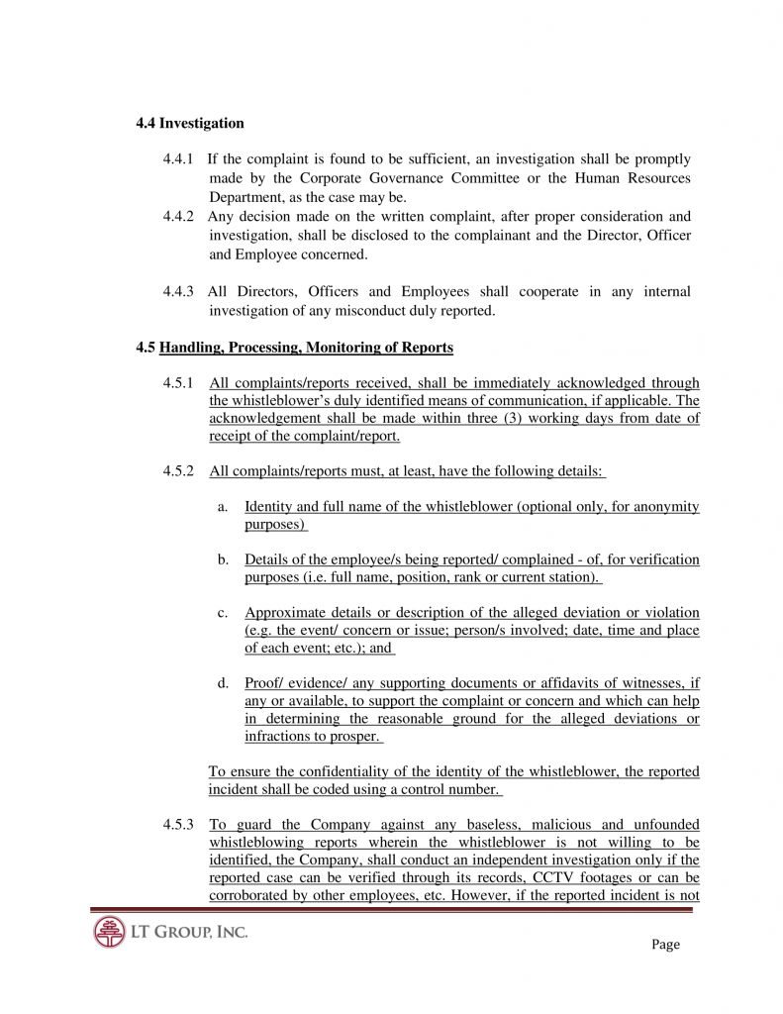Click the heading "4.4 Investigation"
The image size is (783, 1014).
pos(190,124)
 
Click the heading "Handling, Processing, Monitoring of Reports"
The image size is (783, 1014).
pos(306,348)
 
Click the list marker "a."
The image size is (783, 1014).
pos(223,507)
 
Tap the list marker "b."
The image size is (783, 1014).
pos(223,560)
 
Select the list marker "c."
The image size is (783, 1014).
pos(223,613)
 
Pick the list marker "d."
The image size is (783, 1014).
pos(223,683)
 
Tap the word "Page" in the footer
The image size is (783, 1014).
pos(665,945)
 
